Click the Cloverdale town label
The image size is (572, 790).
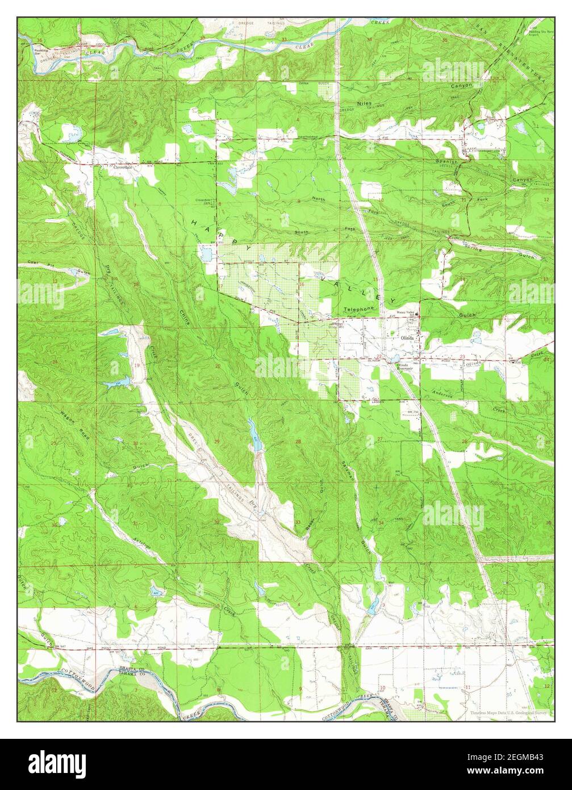pyautogui.click(x=123, y=168)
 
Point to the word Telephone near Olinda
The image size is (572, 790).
pyautogui.click(x=360, y=309)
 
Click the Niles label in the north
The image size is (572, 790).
pyautogui.click(x=364, y=103)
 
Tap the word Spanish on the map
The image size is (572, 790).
pyautogui.click(x=446, y=162)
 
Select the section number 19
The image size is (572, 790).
pyautogui.click(x=136, y=365)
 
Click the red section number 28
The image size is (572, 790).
pyautogui.click(x=298, y=442)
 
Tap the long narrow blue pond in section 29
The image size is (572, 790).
pyautogui.click(x=254, y=435)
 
